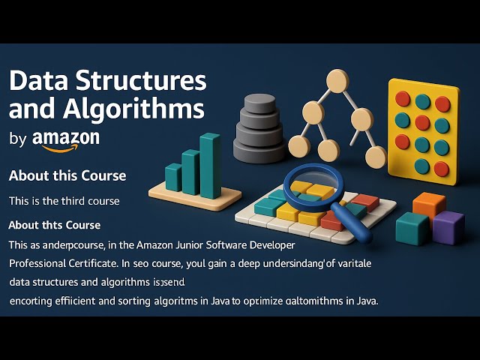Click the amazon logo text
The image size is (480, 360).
pyautogui.click(x=66, y=138)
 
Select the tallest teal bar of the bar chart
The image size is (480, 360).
pyautogui.click(x=211, y=166)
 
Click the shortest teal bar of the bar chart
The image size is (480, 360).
pyautogui.click(x=173, y=177)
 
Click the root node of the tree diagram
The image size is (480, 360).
pyautogui.click(x=337, y=81)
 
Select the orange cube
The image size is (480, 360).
pyautogui.click(x=429, y=205)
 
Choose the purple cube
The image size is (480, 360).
pyautogui.click(x=448, y=227)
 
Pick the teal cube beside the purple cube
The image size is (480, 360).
pyautogui.click(x=412, y=229)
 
